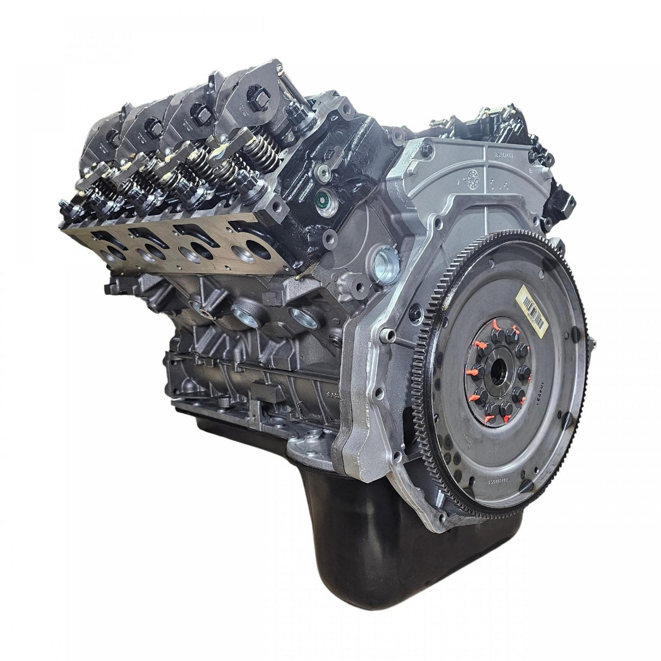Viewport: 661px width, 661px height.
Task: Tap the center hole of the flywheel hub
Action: pos(497,377)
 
